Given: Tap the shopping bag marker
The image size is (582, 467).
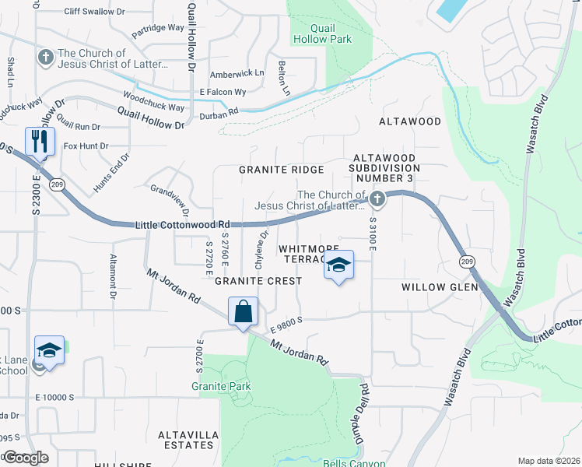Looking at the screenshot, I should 243,311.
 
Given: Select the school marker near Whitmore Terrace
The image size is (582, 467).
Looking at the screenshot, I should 338,266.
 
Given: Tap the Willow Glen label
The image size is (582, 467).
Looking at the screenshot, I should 433,287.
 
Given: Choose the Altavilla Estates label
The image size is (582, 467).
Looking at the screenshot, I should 185,440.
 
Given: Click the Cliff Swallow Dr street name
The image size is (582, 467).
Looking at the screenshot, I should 95,12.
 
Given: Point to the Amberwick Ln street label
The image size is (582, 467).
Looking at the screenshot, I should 237,75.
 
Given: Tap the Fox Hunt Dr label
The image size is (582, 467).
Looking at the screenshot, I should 86,146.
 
